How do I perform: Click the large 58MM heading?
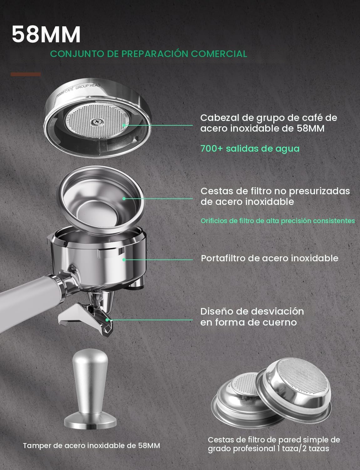[x=46, y=34]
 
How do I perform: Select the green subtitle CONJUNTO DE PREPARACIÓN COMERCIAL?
[x=148, y=54]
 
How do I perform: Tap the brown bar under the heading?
[x=26, y=74]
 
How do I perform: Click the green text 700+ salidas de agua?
[x=249, y=148]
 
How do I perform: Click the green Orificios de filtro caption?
[x=277, y=221]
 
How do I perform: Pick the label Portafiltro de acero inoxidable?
[x=269, y=258]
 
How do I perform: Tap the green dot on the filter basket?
[x=124, y=198]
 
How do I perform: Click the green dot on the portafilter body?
[x=124, y=259]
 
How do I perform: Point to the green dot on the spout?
[x=107, y=320]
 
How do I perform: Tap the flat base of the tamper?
[x=90, y=421]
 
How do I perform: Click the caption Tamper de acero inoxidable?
[x=91, y=445]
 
